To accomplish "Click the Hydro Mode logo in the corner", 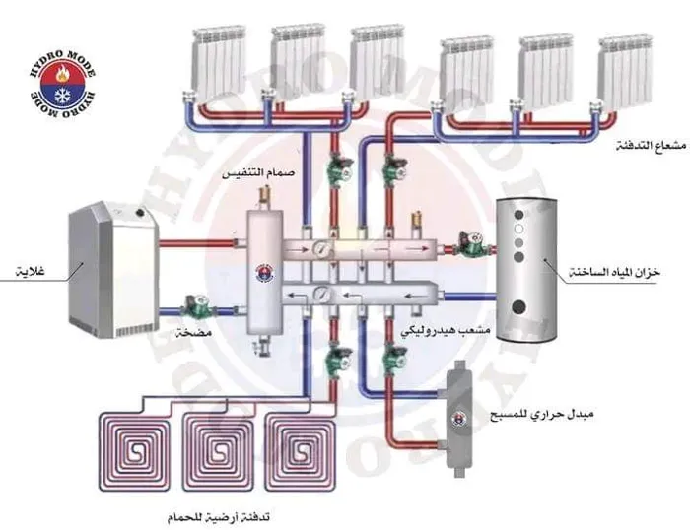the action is [x=62, y=84].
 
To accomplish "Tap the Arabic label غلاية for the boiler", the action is [x=30, y=271].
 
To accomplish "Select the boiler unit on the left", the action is [x=113, y=269].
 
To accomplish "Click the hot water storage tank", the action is [x=525, y=269].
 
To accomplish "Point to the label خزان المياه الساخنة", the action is [x=615, y=271].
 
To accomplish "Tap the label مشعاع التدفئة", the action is [x=653, y=145].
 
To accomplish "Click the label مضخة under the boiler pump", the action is [x=194, y=332].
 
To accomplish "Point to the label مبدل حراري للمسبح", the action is [x=542, y=415].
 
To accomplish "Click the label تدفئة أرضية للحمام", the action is [x=218, y=517].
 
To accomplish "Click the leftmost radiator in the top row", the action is [x=218, y=62].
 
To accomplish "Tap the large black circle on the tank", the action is [x=520, y=306].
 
